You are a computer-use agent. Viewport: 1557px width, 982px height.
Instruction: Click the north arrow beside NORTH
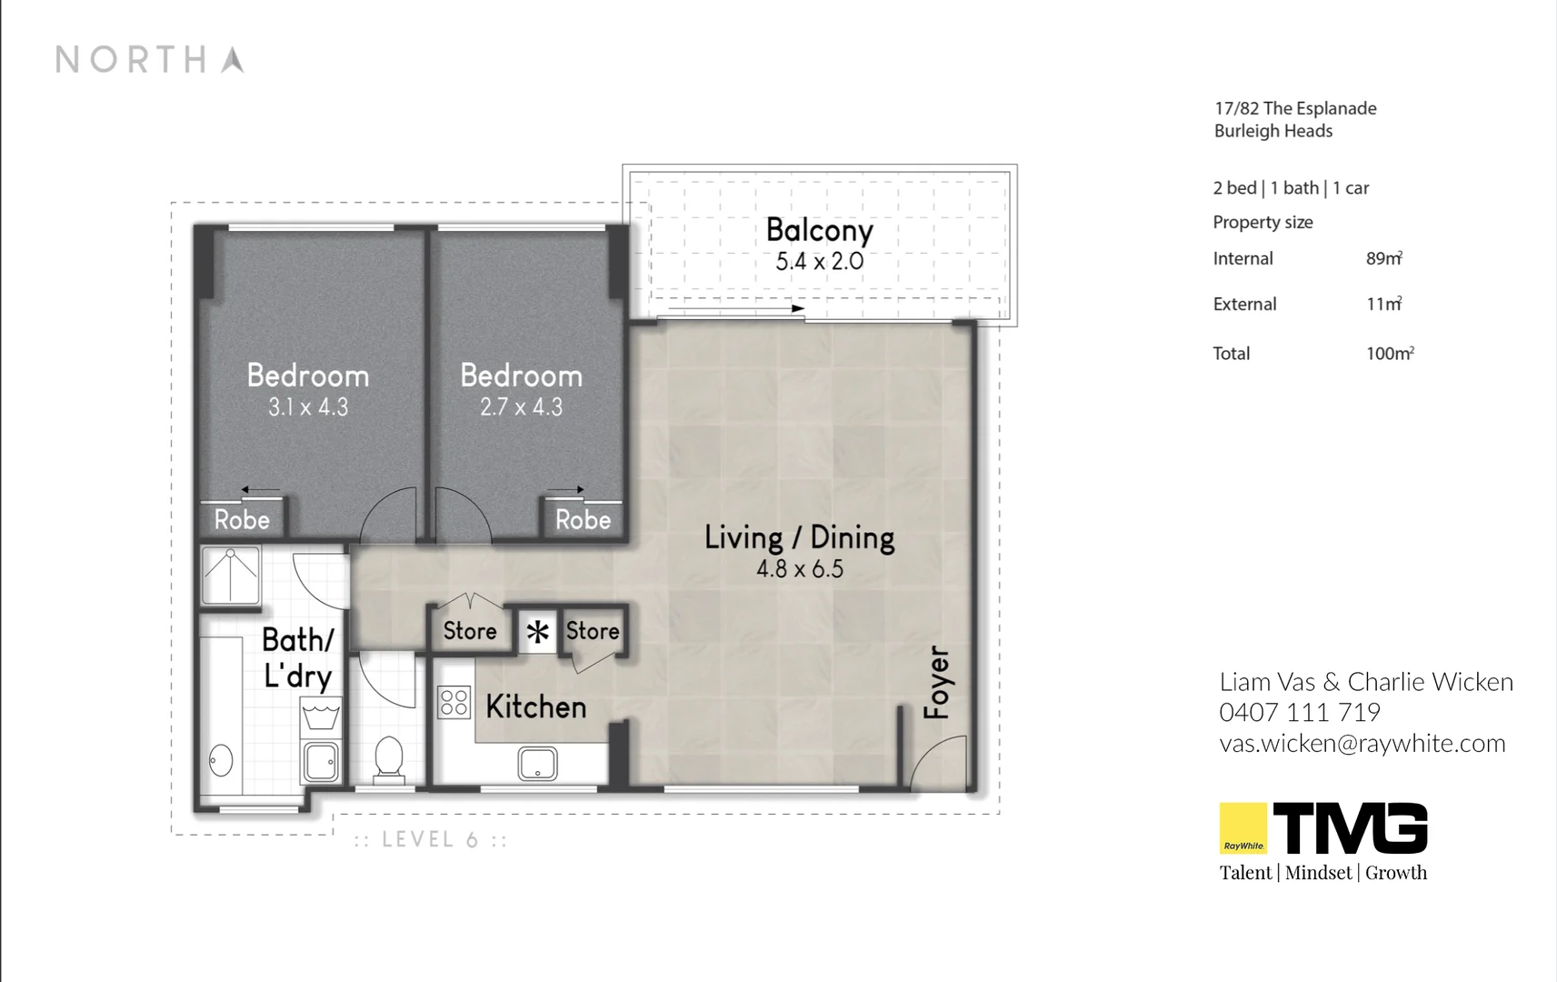coord(233,60)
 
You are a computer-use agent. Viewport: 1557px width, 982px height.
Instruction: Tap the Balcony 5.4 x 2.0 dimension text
coord(819,262)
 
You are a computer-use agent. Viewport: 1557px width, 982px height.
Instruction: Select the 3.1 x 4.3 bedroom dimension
coord(308,407)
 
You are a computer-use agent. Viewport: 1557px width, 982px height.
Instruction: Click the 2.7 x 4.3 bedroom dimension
coord(521,407)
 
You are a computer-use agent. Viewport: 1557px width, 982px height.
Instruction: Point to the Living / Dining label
coord(799,537)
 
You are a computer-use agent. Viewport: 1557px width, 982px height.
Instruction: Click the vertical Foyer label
coord(937,682)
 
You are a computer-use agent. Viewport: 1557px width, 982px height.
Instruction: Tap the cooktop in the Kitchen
coord(454,703)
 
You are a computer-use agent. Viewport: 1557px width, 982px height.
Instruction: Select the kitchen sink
coord(537,764)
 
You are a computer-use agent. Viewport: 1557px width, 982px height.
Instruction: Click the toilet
coord(389,759)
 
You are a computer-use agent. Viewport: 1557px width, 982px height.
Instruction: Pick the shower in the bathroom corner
coord(230,575)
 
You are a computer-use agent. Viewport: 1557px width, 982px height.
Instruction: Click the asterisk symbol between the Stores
coord(538,631)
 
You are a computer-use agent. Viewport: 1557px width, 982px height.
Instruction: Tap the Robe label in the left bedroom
coord(242,520)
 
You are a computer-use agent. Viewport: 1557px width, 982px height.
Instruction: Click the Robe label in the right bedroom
coord(583,520)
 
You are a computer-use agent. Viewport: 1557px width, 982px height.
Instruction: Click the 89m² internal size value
coord(1383,259)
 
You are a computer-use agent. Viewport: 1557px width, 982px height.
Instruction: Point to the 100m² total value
coord(1390,354)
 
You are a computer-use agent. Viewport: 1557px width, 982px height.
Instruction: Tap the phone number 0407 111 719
coord(1299,712)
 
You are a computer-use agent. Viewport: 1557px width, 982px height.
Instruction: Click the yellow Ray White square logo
coord(1243,827)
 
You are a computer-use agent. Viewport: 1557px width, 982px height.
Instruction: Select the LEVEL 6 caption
coord(430,839)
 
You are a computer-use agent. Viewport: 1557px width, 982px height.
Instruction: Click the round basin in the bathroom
coord(221,760)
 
